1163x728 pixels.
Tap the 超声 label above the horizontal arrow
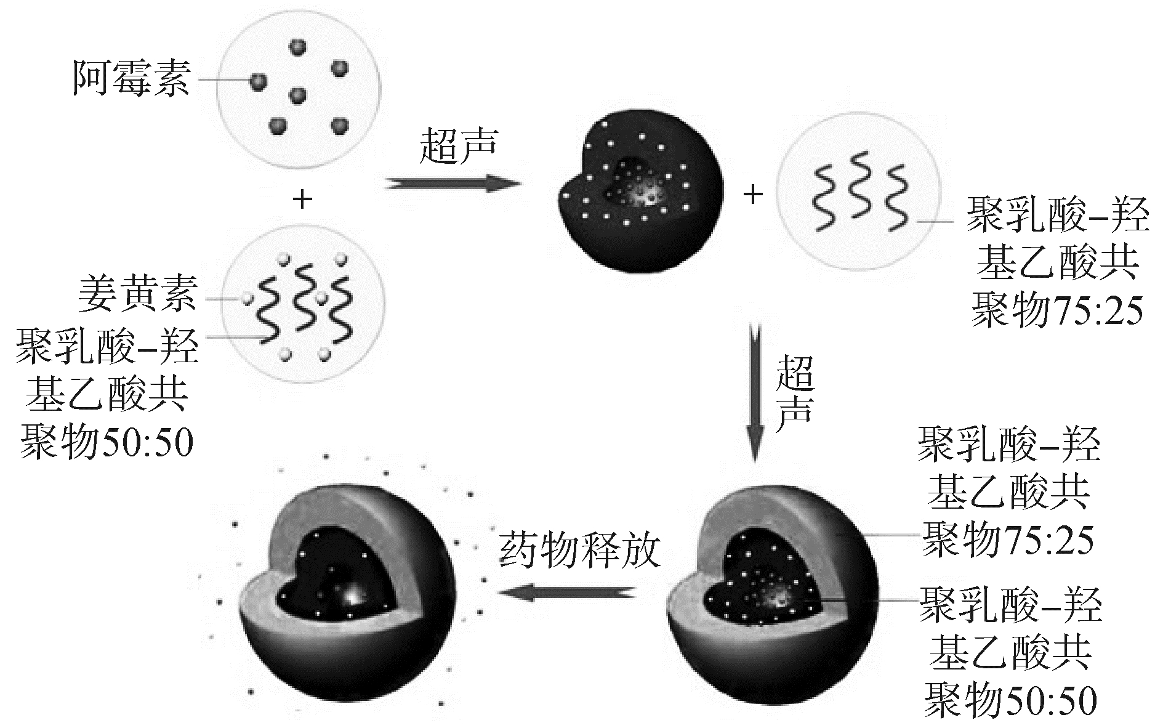pyautogui.click(x=457, y=147)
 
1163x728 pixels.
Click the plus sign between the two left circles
pyautogui.click(x=302, y=199)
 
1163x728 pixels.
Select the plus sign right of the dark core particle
pyautogui.click(x=753, y=195)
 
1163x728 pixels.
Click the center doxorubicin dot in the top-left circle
pyautogui.click(x=298, y=95)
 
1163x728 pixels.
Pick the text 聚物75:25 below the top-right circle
pyautogui.click(x=1056, y=310)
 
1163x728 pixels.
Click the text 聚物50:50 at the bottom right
pyautogui.click(x=1010, y=700)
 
